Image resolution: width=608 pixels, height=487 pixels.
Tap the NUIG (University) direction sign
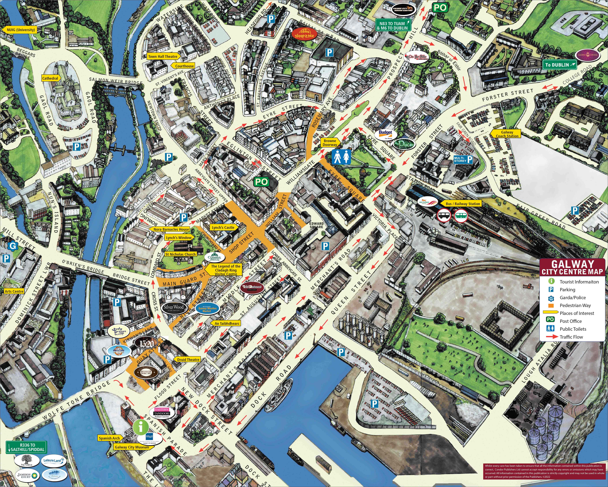[x=21, y=30]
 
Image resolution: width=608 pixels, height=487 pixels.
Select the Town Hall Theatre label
[x=163, y=56]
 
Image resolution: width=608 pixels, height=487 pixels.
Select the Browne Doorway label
[x=330, y=142]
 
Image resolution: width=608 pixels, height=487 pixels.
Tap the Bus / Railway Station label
[x=463, y=204]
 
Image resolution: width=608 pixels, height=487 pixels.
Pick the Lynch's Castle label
[x=223, y=227]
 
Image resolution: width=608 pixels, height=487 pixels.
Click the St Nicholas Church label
[x=181, y=254]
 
